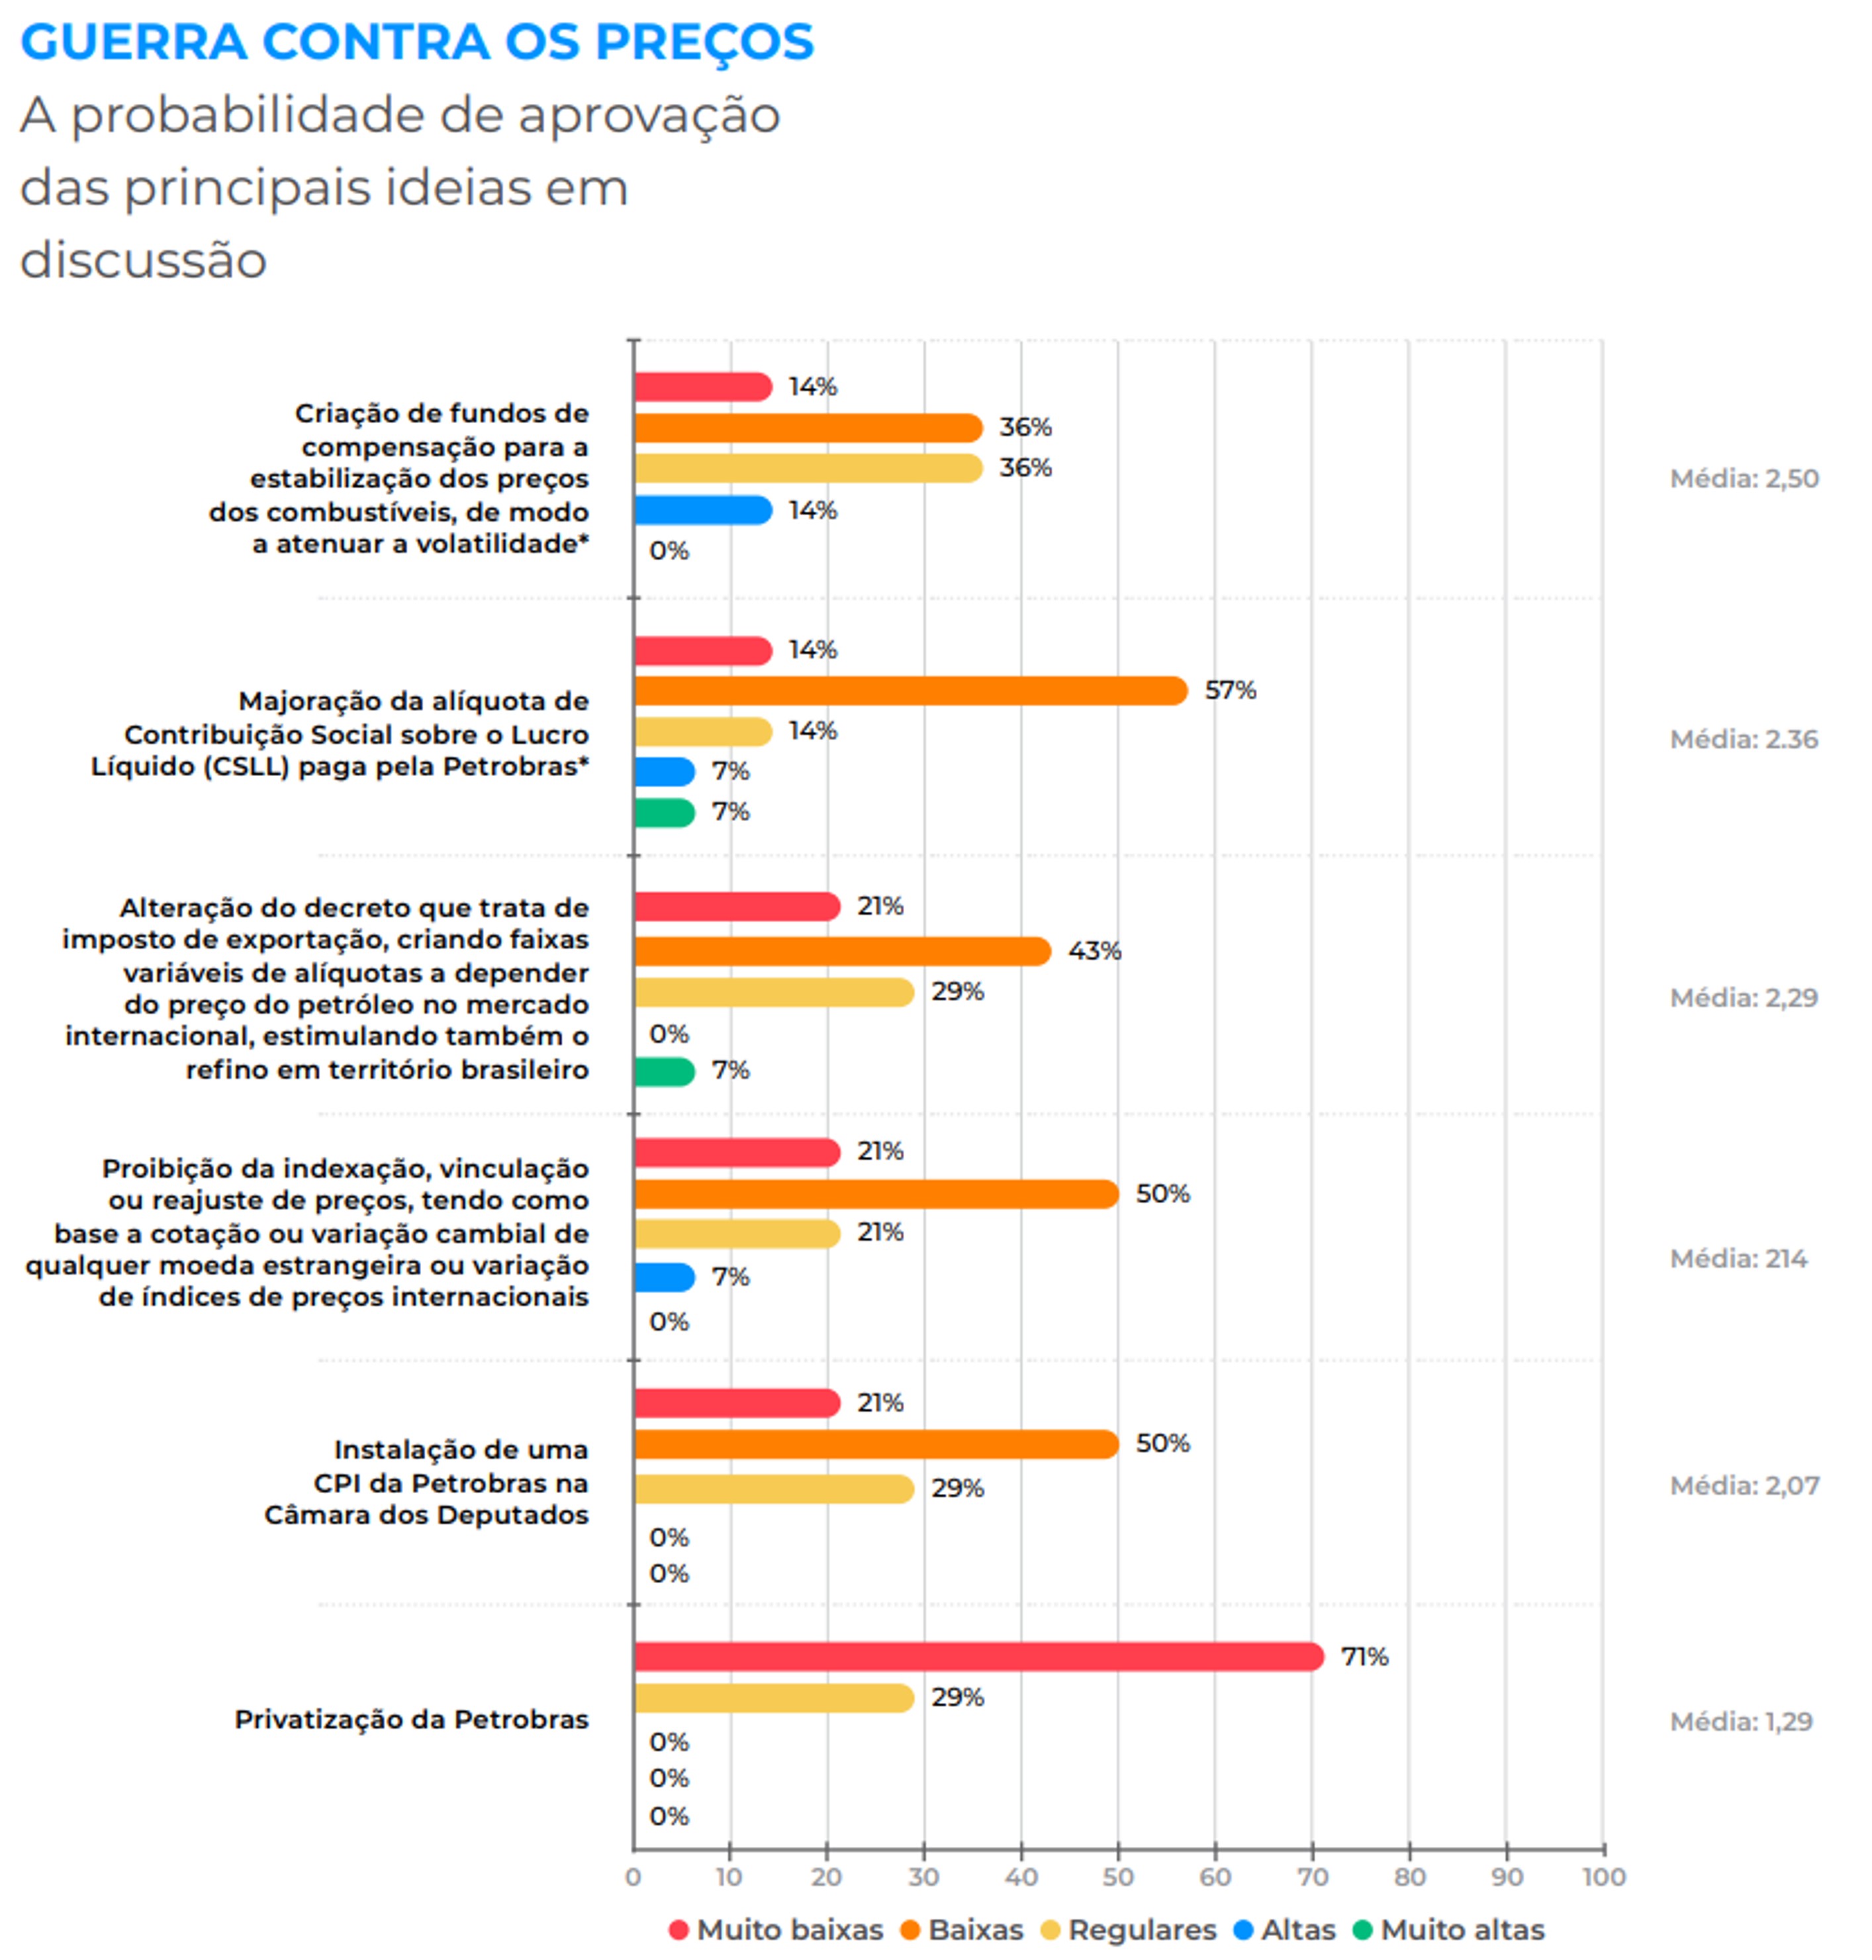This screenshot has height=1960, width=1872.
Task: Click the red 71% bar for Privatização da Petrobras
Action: (978, 1657)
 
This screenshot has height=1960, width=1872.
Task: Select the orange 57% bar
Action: (910, 691)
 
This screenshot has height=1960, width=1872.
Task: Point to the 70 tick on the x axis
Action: (1312, 1876)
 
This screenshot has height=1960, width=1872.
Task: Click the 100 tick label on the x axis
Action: (1603, 1876)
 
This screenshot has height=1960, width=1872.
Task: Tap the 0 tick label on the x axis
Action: (633, 1876)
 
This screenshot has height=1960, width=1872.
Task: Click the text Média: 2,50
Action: (1744, 478)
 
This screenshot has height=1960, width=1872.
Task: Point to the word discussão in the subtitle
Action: (144, 260)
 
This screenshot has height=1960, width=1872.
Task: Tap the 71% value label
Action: (1364, 1657)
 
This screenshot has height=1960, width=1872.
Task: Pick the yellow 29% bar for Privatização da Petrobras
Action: (773, 1698)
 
